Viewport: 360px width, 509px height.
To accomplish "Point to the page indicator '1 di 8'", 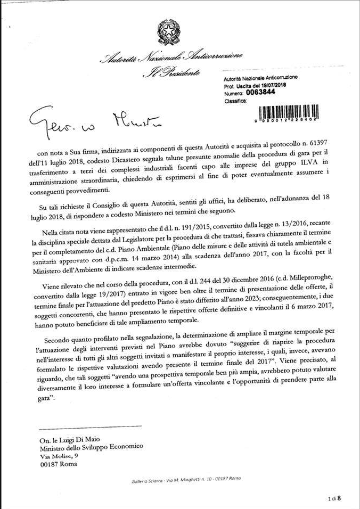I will [x=334, y=498].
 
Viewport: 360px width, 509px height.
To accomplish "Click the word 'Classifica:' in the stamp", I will [x=235, y=100].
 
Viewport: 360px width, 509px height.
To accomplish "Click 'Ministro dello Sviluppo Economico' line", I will [x=92, y=447].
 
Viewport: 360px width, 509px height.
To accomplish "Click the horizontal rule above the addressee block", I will [x=91, y=426].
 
